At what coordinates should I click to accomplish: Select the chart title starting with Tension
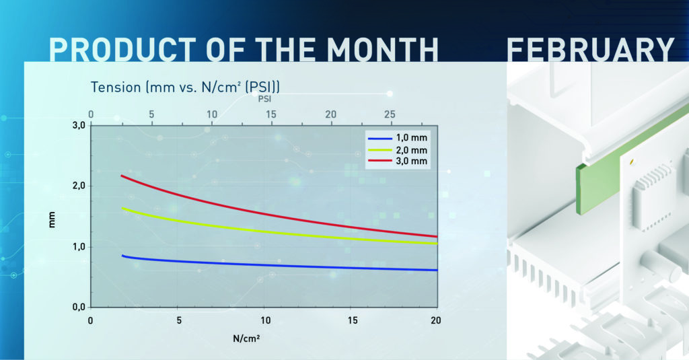(x=186, y=87)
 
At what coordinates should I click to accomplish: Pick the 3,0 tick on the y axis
(x=79, y=126)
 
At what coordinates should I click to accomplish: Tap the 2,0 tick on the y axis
(x=79, y=186)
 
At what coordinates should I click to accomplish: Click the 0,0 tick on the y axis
(x=79, y=307)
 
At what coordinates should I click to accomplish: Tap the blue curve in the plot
(x=269, y=265)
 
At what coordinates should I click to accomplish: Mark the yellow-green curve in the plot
(x=269, y=230)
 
